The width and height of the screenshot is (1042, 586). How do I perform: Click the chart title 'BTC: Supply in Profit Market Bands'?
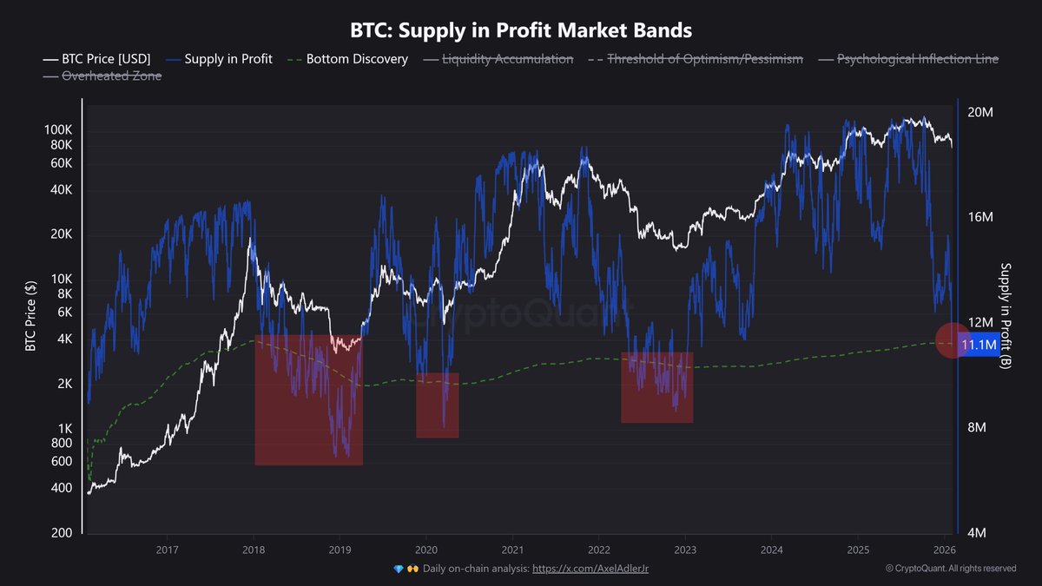pyautogui.click(x=521, y=30)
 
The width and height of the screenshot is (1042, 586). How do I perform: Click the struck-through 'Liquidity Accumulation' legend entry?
pyautogui.click(x=498, y=59)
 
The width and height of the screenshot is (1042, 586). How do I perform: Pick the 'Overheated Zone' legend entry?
pyautogui.click(x=102, y=76)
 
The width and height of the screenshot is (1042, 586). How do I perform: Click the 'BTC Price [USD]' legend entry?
pyautogui.click(x=96, y=59)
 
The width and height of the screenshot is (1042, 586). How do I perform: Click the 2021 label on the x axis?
pyautogui.click(x=512, y=550)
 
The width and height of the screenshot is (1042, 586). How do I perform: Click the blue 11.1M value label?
pyautogui.click(x=979, y=346)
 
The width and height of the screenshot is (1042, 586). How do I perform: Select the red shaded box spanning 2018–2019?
pyautogui.click(x=308, y=399)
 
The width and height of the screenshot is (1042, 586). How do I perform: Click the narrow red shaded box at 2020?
pyautogui.click(x=437, y=405)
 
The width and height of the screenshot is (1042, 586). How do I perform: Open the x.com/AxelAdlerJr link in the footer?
pyautogui.click(x=590, y=569)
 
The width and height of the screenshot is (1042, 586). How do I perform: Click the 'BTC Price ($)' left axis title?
pyautogui.click(x=30, y=317)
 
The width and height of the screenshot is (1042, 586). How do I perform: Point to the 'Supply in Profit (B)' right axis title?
pyautogui.click(x=1006, y=317)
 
